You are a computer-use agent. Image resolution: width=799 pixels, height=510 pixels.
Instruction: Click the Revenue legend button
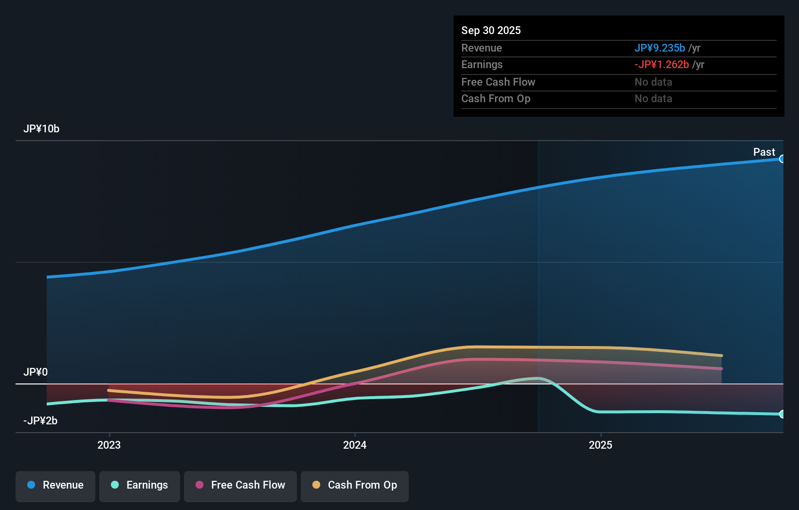coord(55,485)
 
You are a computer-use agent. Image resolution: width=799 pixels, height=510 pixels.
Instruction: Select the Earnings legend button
coord(140,485)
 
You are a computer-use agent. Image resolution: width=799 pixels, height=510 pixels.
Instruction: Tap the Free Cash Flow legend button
coord(240,485)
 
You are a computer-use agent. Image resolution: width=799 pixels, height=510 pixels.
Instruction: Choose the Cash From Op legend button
coord(355,485)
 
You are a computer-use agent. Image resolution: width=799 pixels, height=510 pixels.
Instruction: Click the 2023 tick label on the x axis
coord(109,445)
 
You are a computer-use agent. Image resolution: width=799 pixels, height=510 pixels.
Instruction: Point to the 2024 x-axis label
coord(355,445)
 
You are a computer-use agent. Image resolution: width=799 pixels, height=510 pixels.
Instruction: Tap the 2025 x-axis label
coord(600,445)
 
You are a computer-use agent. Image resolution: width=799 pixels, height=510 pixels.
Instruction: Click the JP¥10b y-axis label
coord(41,129)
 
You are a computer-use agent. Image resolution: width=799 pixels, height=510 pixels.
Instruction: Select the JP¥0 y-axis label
coord(36,372)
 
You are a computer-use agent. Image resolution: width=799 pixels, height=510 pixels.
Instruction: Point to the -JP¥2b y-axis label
coord(40,421)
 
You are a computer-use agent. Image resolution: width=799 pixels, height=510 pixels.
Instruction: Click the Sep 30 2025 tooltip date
coord(491,31)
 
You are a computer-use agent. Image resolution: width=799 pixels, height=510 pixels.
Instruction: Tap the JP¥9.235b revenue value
coord(659,48)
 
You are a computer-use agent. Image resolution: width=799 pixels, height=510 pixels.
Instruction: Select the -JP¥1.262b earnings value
coord(661,65)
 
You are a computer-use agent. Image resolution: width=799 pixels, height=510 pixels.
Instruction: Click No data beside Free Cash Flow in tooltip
coord(653,82)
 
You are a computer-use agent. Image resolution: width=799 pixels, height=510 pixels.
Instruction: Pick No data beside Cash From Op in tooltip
coord(653,99)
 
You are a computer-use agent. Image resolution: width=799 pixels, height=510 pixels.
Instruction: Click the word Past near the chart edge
coord(764,152)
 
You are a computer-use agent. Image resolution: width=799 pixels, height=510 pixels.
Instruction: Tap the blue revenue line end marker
coord(782,159)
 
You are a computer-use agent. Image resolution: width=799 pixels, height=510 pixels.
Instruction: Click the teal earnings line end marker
coord(782,414)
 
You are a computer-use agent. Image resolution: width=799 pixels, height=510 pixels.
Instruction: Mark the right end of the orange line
coord(722,356)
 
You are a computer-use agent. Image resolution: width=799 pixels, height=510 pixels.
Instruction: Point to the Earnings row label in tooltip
coord(482,65)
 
